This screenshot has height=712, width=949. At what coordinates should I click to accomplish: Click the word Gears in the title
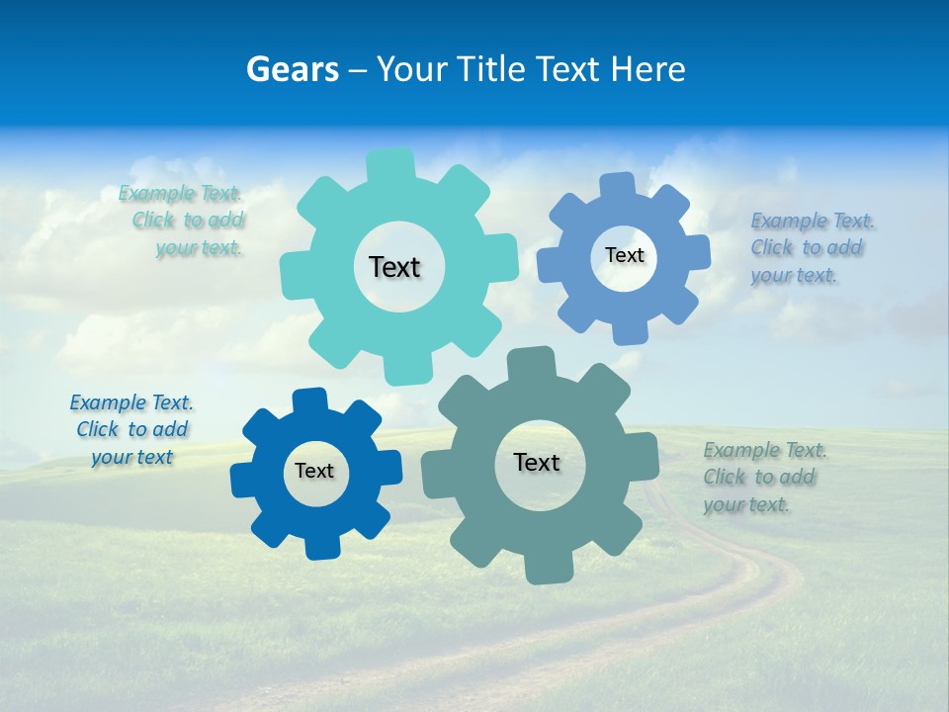pyautogui.click(x=292, y=69)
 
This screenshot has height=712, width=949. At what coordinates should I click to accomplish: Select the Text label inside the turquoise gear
pyautogui.click(x=394, y=267)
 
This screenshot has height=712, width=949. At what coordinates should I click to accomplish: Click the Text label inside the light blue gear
pyautogui.click(x=624, y=255)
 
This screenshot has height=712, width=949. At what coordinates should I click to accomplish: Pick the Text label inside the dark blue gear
pyautogui.click(x=314, y=471)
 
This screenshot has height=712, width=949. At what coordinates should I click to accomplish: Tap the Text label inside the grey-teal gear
pyautogui.click(x=537, y=462)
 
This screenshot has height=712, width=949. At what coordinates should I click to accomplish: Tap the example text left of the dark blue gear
pyautogui.click(x=131, y=429)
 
